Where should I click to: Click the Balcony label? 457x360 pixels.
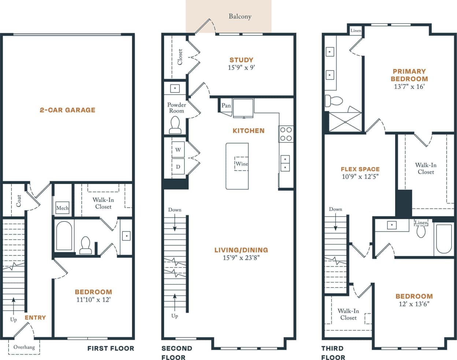tap(240, 16)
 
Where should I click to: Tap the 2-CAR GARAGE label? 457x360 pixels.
tap(67, 110)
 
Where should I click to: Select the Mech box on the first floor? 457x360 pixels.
tap(62, 208)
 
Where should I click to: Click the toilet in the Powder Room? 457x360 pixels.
tap(175, 125)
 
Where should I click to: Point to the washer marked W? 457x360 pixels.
tap(178, 150)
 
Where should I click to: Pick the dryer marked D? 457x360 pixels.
tap(178, 167)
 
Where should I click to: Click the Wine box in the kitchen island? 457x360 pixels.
tap(241, 164)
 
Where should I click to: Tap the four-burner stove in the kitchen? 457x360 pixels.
tap(286, 134)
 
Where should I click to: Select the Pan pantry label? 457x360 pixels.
tap(226, 105)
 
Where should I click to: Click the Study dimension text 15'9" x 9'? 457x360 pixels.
tap(241, 67)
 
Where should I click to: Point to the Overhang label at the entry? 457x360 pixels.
tap(24, 347)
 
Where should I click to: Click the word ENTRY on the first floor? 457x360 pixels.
tap(35, 318)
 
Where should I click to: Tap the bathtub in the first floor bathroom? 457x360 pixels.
tap(64, 235)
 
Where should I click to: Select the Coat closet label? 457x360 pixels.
tap(19, 201)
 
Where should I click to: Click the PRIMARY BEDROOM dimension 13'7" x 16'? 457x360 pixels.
tap(409, 87)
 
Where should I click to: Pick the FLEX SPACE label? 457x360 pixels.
tap(360, 169)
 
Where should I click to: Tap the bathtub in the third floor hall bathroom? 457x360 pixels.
tap(444, 239)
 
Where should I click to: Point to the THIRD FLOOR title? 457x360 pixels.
tap(333, 353)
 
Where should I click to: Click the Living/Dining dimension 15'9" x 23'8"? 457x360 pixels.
tap(241, 258)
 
